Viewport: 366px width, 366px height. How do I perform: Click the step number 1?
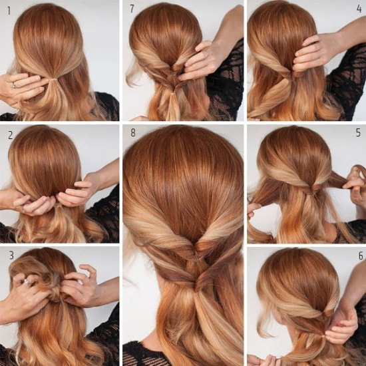tap(9, 11)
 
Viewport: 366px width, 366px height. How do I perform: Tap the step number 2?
tap(10, 135)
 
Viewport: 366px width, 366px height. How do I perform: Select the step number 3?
tap(11, 256)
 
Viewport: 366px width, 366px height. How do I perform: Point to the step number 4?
tap(359, 9)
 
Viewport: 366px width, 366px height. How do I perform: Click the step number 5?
tap(358, 132)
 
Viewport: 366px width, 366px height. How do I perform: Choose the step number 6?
tap(361, 256)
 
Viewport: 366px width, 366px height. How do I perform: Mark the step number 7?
tap(132, 9)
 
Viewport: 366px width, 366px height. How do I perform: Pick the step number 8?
tap(133, 132)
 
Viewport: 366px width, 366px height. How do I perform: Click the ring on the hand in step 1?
tap(15, 85)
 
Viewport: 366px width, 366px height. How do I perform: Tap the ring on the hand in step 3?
tap(28, 282)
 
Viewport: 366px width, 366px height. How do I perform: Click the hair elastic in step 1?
tap(53, 80)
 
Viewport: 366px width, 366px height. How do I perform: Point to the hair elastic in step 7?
tap(173, 94)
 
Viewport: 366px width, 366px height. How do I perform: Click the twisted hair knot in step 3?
tap(55, 291)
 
